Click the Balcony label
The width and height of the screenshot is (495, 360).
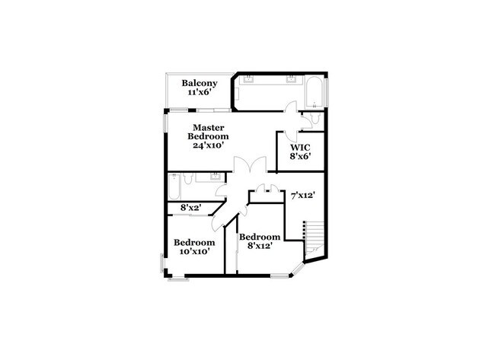tap(200, 83)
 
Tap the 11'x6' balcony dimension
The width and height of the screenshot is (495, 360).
tap(200, 92)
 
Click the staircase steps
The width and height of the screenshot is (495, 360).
tap(313, 233)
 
